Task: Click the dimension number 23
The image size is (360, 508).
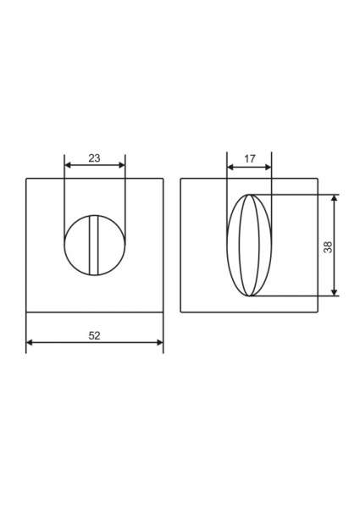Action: tap(94, 158)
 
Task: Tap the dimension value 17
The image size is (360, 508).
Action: tap(250, 159)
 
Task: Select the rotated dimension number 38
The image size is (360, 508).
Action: tap(328, 247)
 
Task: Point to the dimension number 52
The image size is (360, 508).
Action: tap(94, 336)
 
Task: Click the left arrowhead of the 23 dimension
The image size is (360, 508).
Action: tap(68, 165)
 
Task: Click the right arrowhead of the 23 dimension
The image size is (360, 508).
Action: tap(122, 165)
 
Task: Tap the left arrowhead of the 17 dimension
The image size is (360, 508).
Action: tap(230, 167)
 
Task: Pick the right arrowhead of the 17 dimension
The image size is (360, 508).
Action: tap(269, 167)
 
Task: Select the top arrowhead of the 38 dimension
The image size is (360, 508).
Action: tap(335, 198)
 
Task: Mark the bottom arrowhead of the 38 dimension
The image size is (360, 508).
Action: tap(335, 293)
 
